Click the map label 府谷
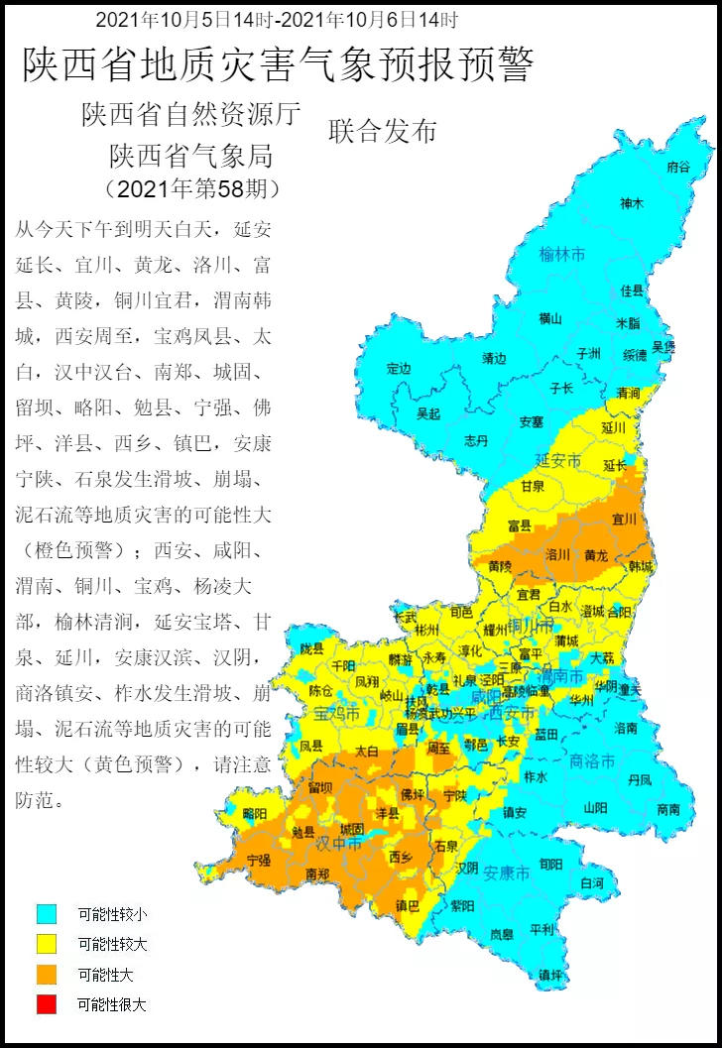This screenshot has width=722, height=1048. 678,167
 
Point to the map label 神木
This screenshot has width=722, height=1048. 632,203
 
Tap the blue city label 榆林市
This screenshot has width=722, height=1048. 562,255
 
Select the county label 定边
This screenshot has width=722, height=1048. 399,369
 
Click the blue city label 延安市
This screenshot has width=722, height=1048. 556,460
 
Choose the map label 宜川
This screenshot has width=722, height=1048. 624,518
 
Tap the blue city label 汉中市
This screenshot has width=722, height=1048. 339,843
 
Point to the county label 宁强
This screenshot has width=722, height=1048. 259,860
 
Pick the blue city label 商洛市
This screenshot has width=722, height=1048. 593,760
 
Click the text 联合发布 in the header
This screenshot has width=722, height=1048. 383,131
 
